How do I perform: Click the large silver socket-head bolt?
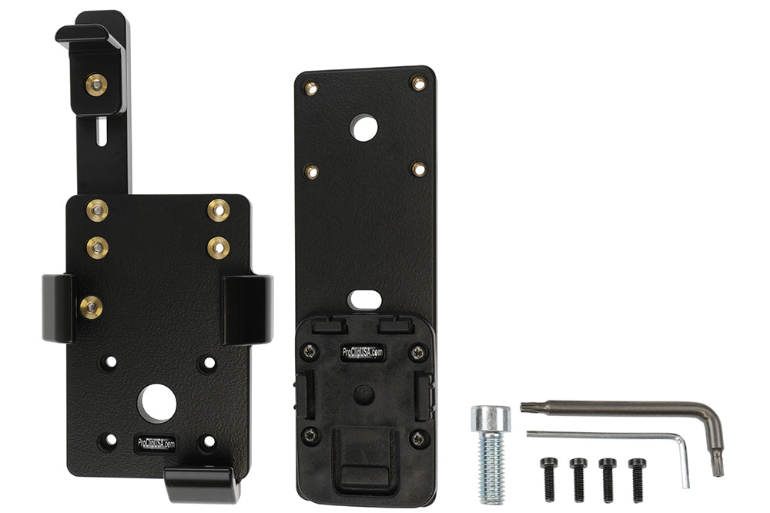pyautogui.click(x=491, y=454)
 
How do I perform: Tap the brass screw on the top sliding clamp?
pyautogui.click(x=96, y=85)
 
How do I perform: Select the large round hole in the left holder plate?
pyautogui.click(x=156, y=404)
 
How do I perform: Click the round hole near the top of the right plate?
pyautogui.click(x=364, y=128)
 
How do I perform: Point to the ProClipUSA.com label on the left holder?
pyautogui.click(x=156, y=444)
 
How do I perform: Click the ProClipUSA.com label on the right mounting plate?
pyautogui.click(x=363, y=352)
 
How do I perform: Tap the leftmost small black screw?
pyautogui.click(x=549, y=479)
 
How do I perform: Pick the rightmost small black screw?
pyautogui.click(x=638, y=479)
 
